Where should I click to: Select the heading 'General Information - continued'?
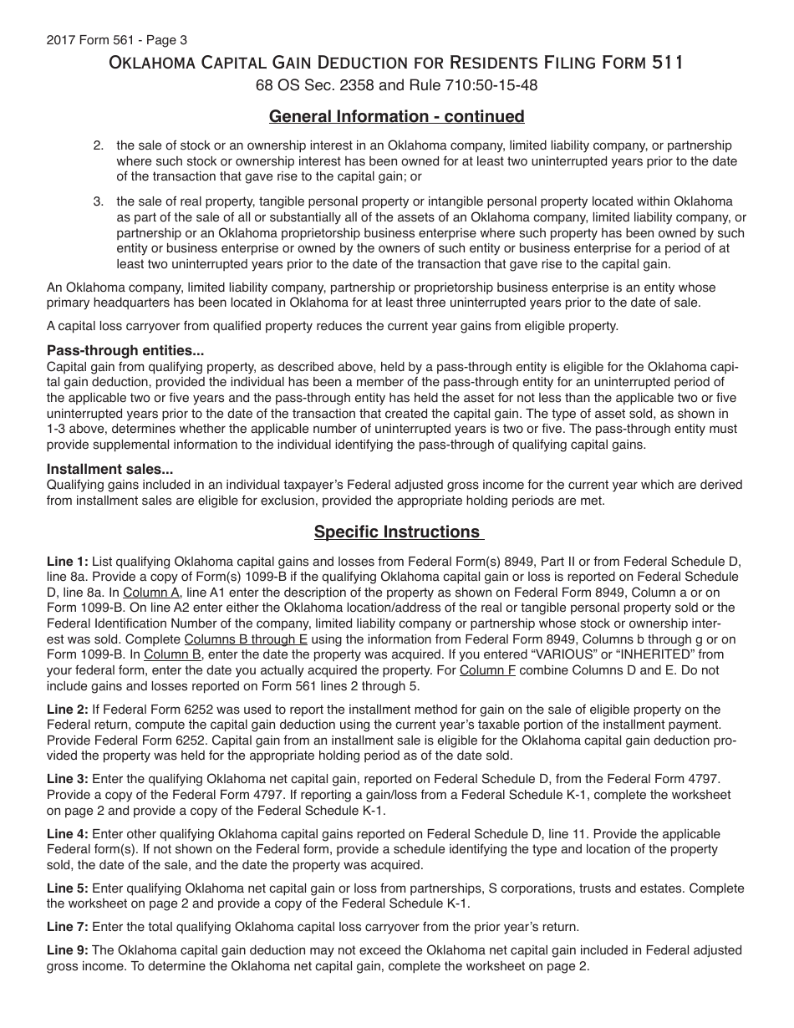tap(396, 116)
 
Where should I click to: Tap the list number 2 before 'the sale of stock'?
tap(98, 145)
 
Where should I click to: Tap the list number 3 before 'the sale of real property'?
tap(98, 201)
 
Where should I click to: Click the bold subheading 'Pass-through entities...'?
tap(125, 351)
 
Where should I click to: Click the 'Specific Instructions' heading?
tap(397, 532)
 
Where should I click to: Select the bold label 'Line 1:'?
tap(68, 561)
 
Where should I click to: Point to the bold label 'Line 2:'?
tap(68, 709)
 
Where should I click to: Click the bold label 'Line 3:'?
tap(68, 778)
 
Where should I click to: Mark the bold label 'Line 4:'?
tap(68, 834)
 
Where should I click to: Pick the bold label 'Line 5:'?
tap(68, 888)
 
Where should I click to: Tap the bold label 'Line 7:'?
tap(68, 926)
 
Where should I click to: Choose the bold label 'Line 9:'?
tap(68, 950)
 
